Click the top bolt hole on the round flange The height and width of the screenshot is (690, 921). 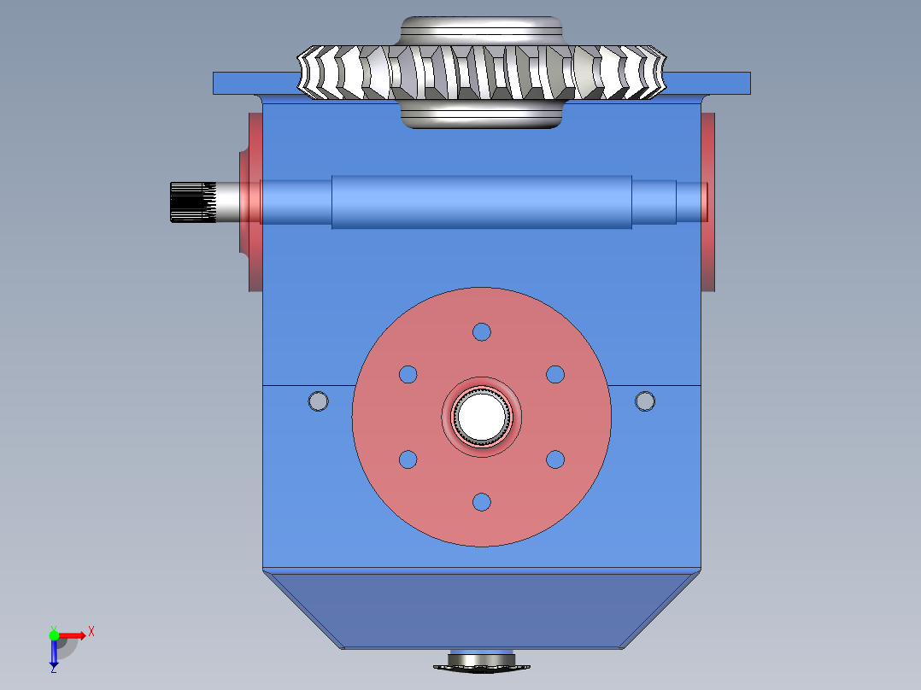(x=482, y=331)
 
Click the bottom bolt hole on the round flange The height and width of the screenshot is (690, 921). (x=482, y=501)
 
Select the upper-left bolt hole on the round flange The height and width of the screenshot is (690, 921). (x=408, y=374)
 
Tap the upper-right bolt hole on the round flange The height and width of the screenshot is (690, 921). (x=555, y=374)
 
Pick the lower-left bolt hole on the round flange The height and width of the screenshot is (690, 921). (x=408, y=459)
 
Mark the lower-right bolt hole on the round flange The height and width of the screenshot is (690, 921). (x=555, y=459)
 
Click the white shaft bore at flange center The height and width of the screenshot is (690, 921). (x=481, y=416)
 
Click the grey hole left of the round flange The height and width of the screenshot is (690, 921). (x=319, y=400)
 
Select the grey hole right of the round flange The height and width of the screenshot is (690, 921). (x=645, y=400)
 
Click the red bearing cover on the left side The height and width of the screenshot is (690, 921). (x=251, y=202)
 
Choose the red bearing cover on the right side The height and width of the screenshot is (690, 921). (x=707, y=202)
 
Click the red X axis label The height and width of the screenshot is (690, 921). (x=91, y=632)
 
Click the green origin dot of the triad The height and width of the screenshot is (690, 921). (x=54, y=635)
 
